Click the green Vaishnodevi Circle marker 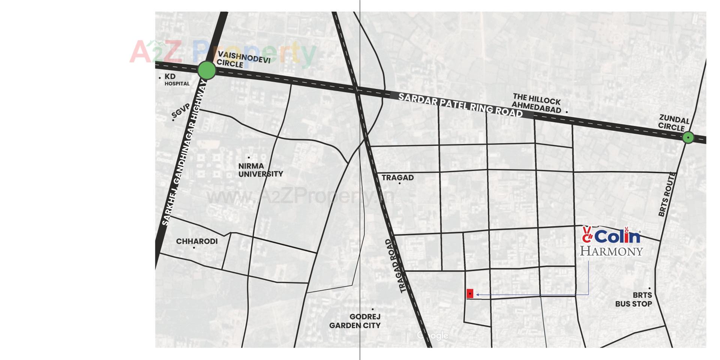[207, 70]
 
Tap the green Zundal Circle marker [688, 138]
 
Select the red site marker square [470, 294]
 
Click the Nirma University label [260, 170]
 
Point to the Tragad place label [397, 177]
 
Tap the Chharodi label [197, 241]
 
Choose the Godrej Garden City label [355, 321]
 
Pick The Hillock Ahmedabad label [537, 104]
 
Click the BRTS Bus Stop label [633, 299]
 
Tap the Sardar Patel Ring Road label [460, 105]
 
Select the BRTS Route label [666, 194]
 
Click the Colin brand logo [612, 235]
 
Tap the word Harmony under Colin [611, 251]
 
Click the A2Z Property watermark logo [223, 52]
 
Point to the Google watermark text [433, 335]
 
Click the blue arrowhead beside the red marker [478, 295]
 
